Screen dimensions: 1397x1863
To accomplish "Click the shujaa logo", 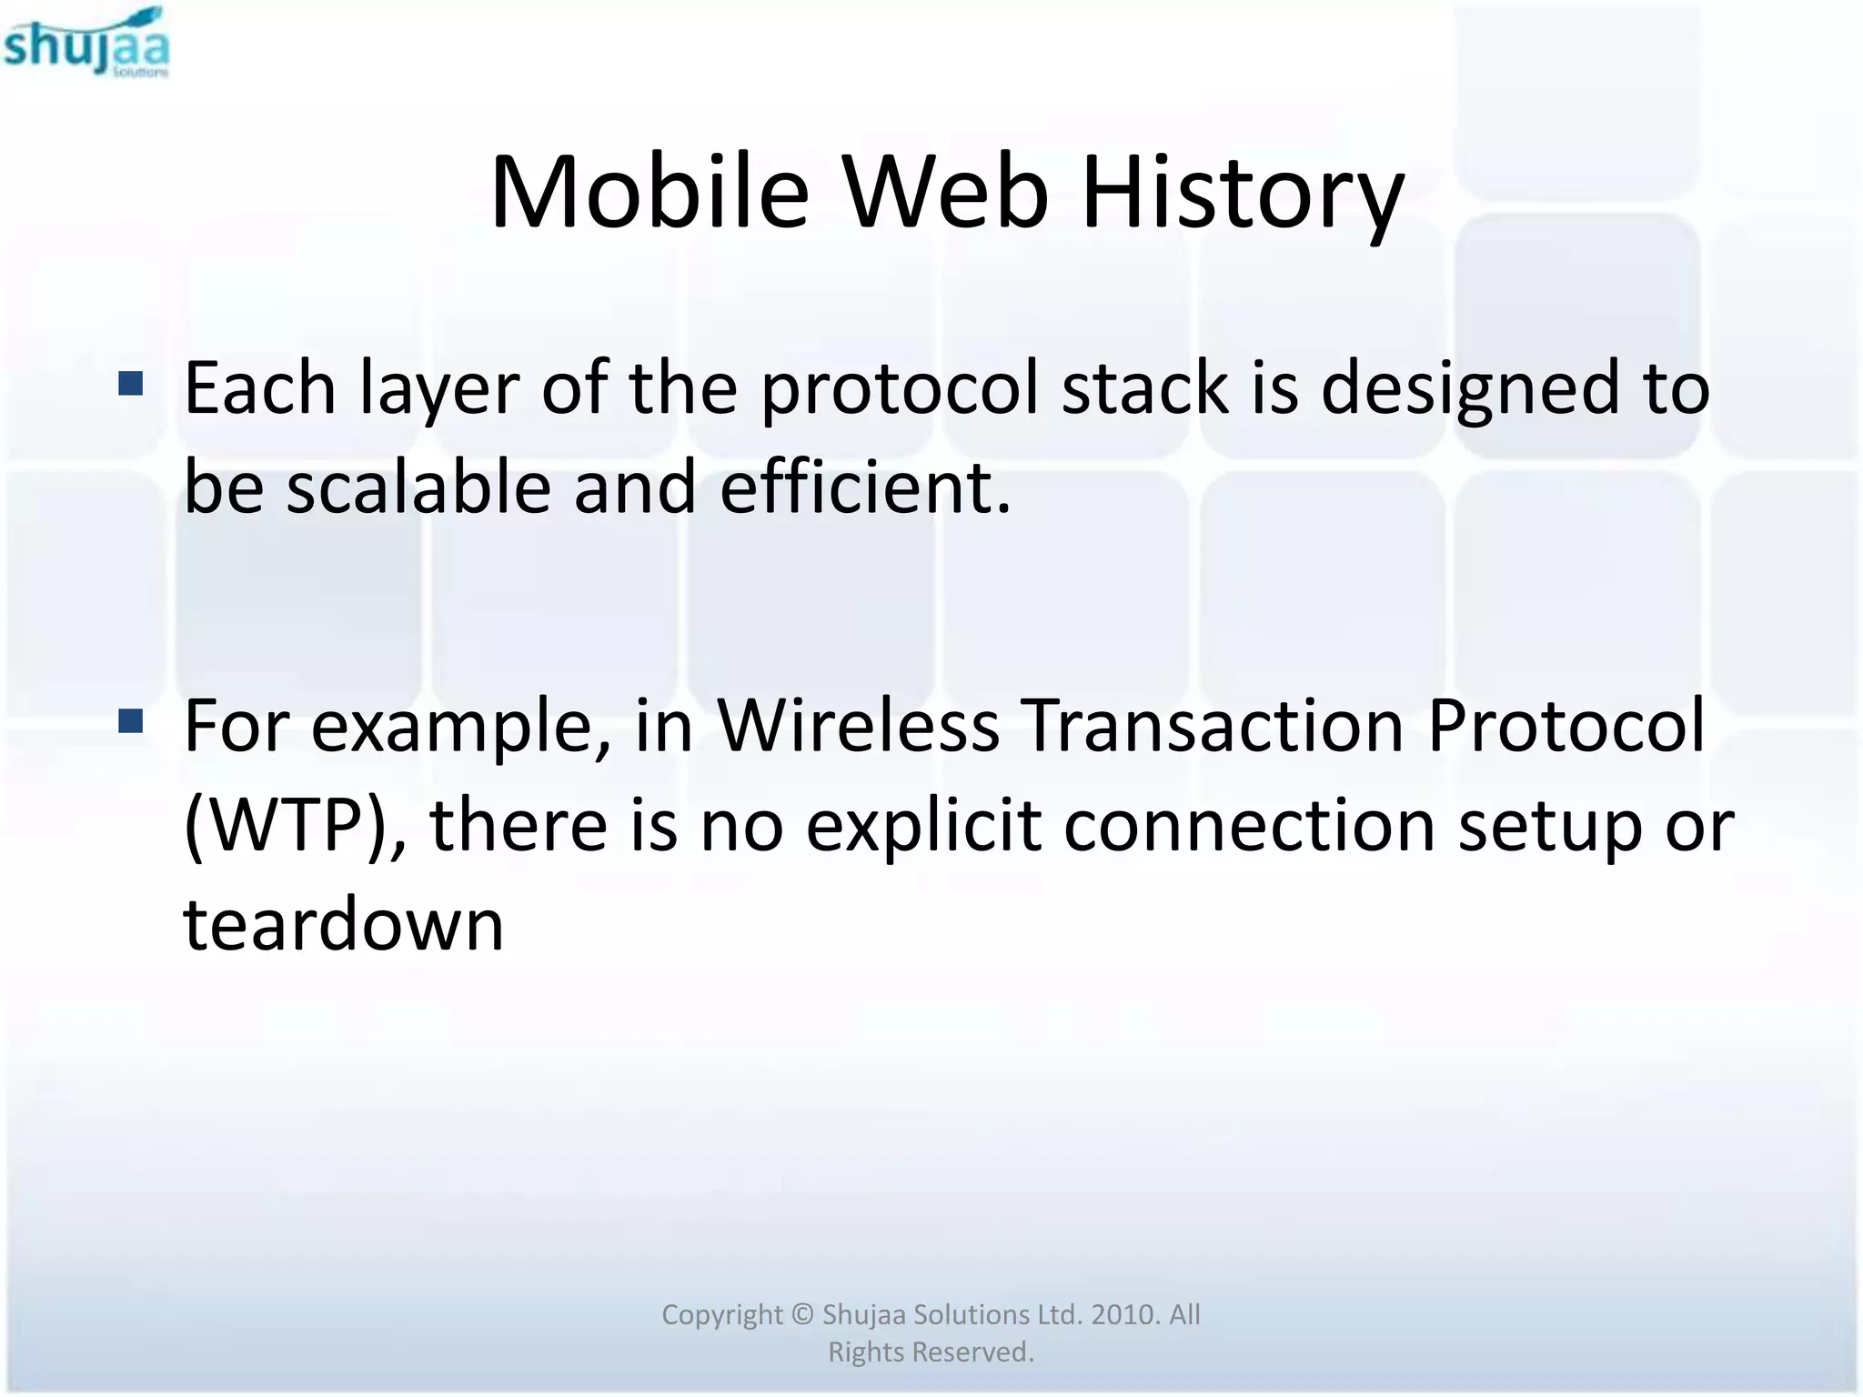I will (86, 43).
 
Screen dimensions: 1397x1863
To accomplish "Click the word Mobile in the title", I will (649, 194).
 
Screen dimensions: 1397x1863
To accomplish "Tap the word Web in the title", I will (946, 194).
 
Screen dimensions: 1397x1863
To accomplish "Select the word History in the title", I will (1243, 194).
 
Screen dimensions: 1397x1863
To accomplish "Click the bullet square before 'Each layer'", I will (131, 384).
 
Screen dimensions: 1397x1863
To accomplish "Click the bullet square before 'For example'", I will (131, 722).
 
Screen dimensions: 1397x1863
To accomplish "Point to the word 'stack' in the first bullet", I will (1145, 388).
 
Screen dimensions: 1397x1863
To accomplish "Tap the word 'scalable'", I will (418, 487).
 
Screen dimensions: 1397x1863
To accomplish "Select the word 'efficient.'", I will (865, 487).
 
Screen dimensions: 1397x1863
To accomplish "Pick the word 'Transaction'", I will (1213, 727).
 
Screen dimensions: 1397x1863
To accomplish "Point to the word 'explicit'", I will (923, 826).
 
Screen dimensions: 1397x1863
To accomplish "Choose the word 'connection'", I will (1249, 826).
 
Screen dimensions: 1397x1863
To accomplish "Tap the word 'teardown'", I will (344, 925).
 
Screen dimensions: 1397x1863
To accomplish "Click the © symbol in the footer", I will (801, 1315).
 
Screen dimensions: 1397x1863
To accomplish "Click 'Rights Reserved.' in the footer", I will (931, 1352).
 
